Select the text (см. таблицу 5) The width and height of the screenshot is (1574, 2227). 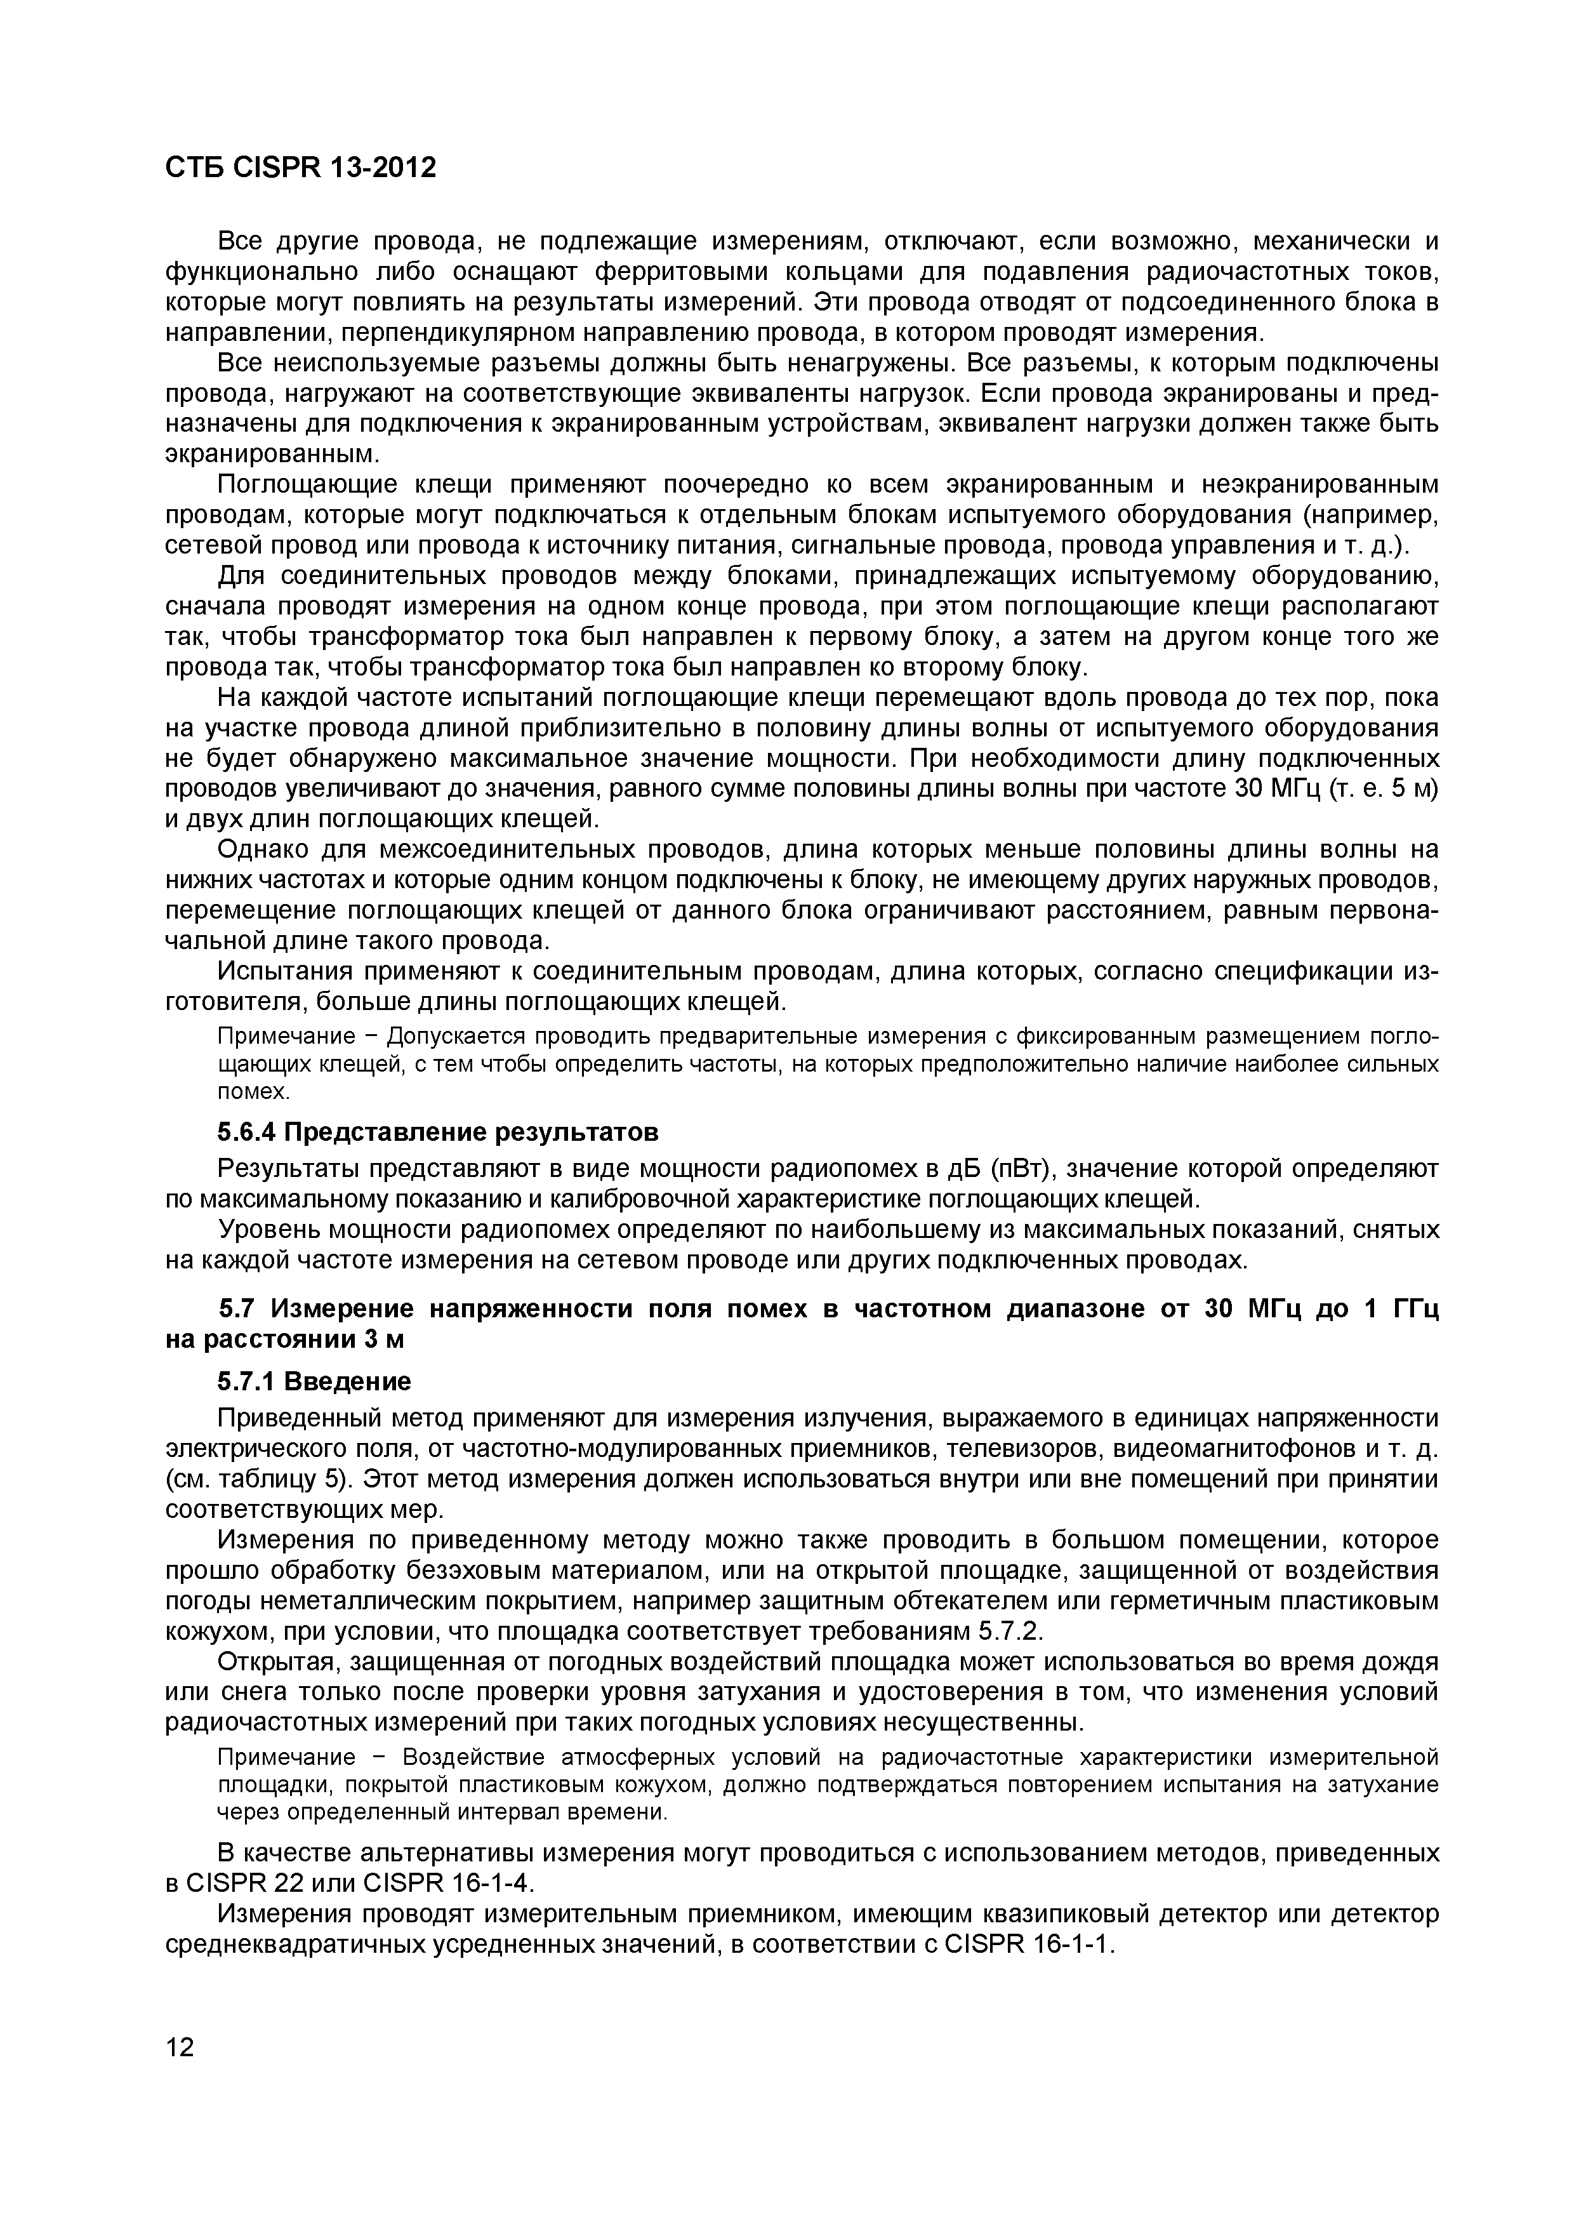tap(257, 1480)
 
